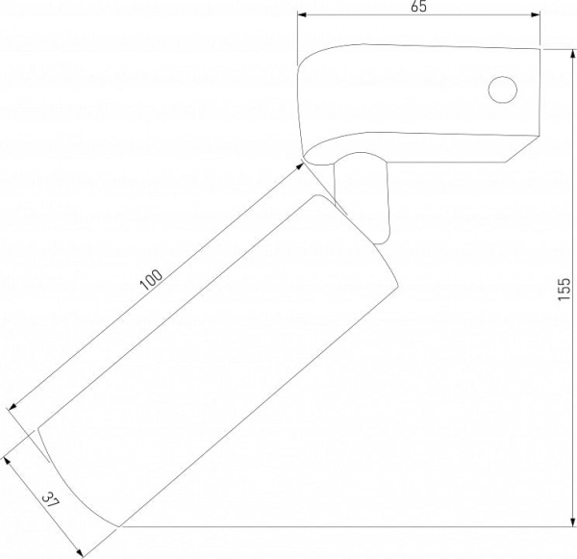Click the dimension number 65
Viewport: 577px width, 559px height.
(418, 7)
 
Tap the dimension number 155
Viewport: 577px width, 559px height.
(564, 289)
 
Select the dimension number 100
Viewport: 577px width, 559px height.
(151, 279)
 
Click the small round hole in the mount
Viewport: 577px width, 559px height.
(503, 89)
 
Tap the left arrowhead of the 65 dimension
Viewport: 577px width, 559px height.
(302, 14)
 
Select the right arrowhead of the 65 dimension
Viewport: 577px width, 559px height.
(536, 14)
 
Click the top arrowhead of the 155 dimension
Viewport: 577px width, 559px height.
(572, 55)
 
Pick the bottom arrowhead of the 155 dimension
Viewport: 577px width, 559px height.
(572, 521)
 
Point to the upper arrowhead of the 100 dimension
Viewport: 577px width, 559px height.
(300, 166)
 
